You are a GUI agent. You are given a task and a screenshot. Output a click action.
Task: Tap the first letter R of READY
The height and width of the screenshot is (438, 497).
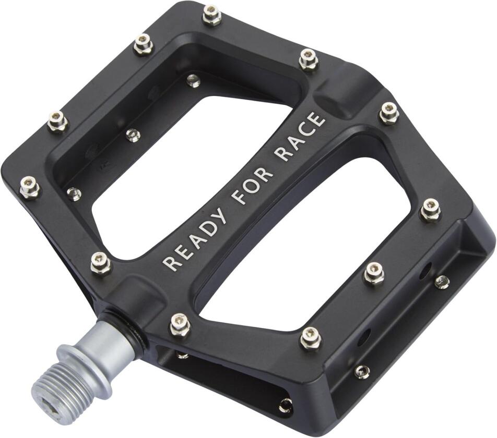click(170, 261)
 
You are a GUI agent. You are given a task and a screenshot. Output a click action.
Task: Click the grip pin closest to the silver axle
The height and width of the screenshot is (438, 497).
click(180, 324)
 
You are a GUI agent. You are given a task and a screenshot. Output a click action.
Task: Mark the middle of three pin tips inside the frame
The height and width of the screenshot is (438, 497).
click(134, 136)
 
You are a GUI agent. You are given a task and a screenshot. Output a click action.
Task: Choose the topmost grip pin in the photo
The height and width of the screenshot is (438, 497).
click(211, 15)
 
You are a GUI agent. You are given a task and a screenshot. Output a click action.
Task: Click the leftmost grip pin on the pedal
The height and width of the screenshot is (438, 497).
click(29, 187)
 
